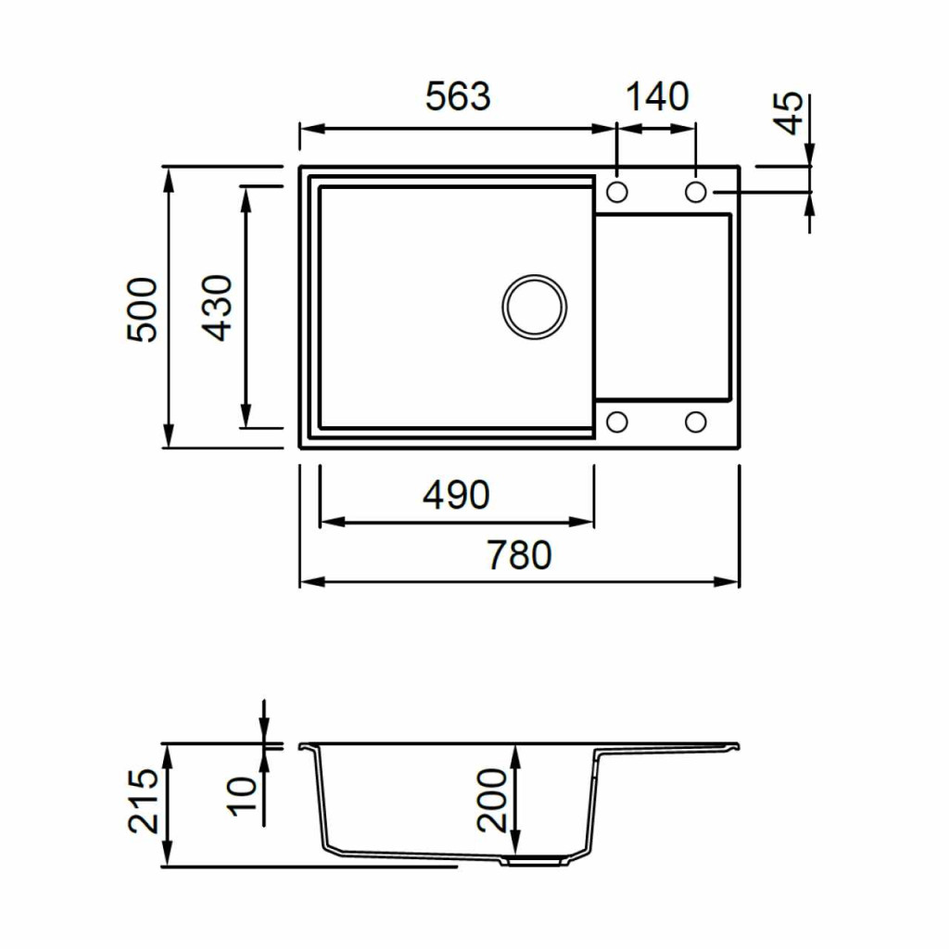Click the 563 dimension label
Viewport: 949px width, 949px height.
coord(458,96)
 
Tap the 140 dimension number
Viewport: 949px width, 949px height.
coord(657,96)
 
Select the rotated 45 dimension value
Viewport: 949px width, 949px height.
coord(790,113)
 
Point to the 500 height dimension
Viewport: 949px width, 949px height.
coord(142,310)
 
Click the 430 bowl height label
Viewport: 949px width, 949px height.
coord(217,308)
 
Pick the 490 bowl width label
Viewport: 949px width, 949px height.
coord(456,495)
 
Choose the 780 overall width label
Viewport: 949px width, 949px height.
coord(519,556)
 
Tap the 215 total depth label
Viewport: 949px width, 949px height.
coord(143,801)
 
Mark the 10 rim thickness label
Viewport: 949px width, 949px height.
coord(242,797)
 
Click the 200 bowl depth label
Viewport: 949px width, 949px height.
coord(491,800)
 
